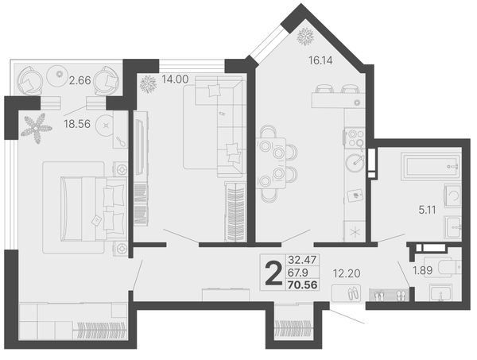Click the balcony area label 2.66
tap(80, 80)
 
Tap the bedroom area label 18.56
tap(77, 124)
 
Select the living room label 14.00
tap(175, 79)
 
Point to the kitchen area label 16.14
tap(320, 61)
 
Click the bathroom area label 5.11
tap(427, 210)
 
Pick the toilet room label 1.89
tap(423, 270)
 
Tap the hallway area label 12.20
tap(347, 273)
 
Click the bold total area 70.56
tap(303, 285)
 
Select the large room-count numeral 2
tap(273, 274)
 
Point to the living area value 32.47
tap(302, 260)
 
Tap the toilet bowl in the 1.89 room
tap(450, 267)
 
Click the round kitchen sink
tap(355, 162)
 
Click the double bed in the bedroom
tap(94, 208)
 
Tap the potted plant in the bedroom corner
tap(37, 129)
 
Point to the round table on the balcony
tap(59, 74)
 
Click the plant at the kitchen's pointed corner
tap(305, 37)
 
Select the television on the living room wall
tap(140, 147)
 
